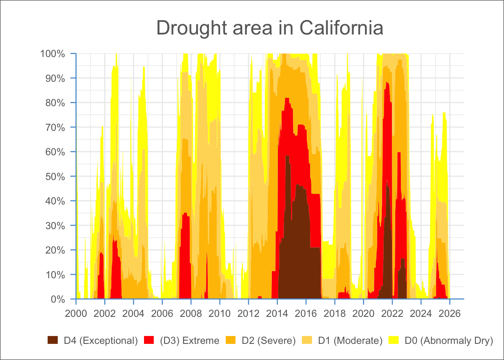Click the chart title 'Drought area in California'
tap(270, 28)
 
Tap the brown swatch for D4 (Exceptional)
tap(53, 340)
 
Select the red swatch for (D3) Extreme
tap(149, 340)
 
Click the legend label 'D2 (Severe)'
tap(268, 340)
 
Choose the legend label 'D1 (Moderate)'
tap(350, 340)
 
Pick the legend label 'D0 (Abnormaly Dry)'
tap(449, 340)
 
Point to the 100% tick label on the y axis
tap(52, 54)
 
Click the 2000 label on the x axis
tap(76, 313)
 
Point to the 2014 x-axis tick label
tap(277, 313)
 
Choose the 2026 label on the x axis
tap(450, 313)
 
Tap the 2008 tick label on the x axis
tap(191, 313)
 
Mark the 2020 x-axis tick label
tap(363, 313)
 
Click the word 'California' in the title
tap(341, 28)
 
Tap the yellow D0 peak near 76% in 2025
tap(444, 114)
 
